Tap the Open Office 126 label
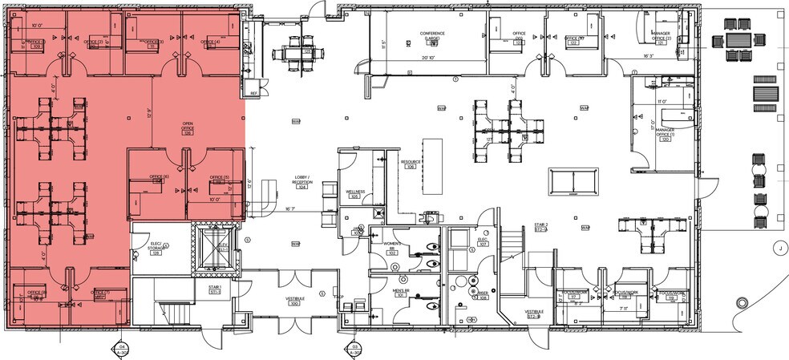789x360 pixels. [x=188, y=129]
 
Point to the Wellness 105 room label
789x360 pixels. [x=355, y=193]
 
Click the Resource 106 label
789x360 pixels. [x=411, y=164]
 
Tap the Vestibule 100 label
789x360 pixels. [x=294, y=302]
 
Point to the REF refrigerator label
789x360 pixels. [x=253, y=94]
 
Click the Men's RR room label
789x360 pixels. [x=401, y=292]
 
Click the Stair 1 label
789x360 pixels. [x=215, y=289]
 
